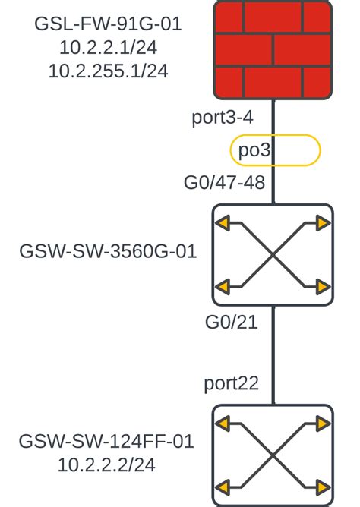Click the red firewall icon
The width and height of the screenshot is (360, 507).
pos(273,49)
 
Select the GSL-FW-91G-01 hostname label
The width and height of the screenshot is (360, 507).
pos(108,24)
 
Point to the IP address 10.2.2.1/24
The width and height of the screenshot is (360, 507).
pos(108,48)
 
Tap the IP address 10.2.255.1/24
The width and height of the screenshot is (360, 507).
pos(108,71)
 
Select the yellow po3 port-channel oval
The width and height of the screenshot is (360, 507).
pos(275,150)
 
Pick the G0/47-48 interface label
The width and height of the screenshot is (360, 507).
pos(224,183)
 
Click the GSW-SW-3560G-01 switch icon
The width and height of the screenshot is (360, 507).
pos(273,255)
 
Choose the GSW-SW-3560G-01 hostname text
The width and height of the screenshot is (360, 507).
pos(108,251)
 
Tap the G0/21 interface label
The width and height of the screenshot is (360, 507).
pos(231,322)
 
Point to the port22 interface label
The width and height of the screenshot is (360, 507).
pos(231,383)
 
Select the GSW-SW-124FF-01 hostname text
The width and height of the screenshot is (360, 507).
pos(106,441)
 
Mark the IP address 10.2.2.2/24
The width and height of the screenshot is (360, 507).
pos(106,464)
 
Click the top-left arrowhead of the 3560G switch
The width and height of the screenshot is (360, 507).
pos(222,223)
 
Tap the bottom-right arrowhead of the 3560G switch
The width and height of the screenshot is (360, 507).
pos(324,287)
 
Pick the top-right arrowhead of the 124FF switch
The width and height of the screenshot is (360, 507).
pos(324,423)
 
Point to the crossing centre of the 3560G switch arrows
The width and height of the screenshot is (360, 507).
pos(273,255)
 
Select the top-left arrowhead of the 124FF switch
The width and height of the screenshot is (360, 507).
pos(222,423)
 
